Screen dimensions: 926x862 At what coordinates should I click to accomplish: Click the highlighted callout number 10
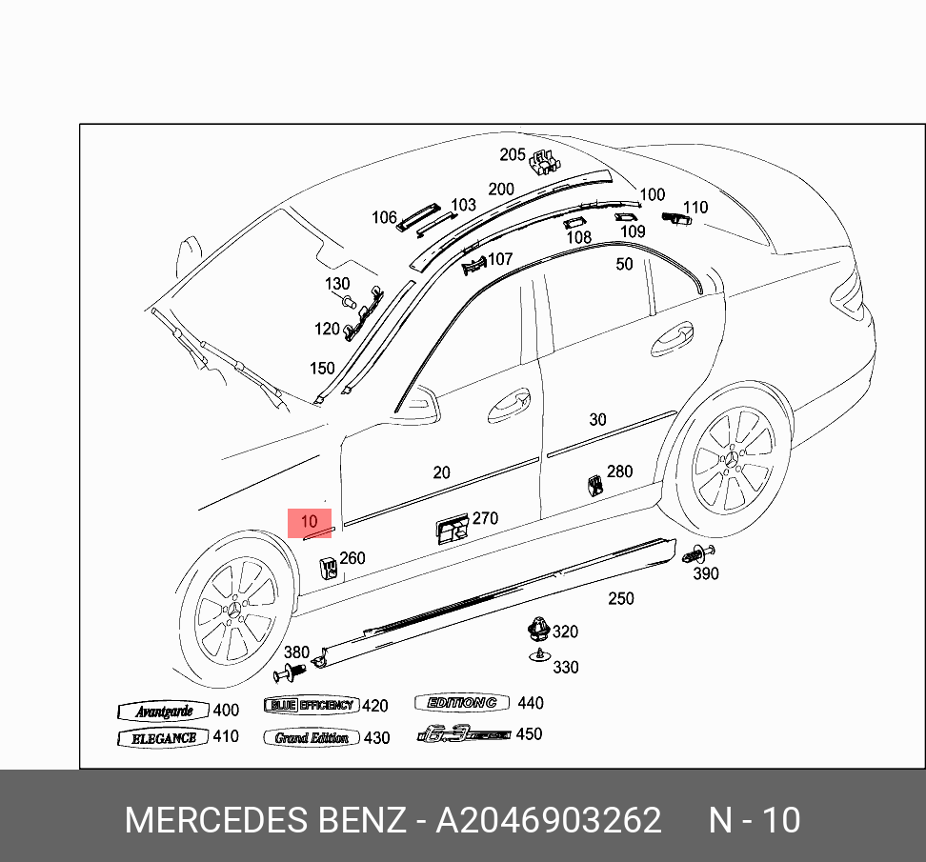[310, 522]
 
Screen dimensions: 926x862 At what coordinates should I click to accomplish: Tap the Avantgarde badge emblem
[164, 712]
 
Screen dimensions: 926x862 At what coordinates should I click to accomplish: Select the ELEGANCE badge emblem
[164, 738]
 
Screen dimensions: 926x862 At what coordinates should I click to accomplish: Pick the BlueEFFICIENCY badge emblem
[311, 706]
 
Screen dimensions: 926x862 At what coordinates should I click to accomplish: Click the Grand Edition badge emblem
[312, 738]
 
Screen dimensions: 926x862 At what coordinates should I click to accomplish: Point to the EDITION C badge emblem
[463, 703]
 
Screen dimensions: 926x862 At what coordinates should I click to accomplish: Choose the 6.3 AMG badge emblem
[464, 734]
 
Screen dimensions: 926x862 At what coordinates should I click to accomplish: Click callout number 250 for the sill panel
[621, 598]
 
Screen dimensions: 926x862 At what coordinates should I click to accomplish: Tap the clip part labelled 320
[538, 629]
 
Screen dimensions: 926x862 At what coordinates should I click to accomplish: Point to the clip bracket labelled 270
[452, 528]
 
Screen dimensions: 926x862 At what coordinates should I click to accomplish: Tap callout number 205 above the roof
[513, 154]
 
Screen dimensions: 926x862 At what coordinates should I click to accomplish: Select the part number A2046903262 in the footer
[548, 820]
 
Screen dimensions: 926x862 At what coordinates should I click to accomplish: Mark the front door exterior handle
[509, 406]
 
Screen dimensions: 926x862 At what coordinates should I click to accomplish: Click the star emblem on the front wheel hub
[234, 610]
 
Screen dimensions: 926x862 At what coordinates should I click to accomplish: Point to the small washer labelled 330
[540, 655]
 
